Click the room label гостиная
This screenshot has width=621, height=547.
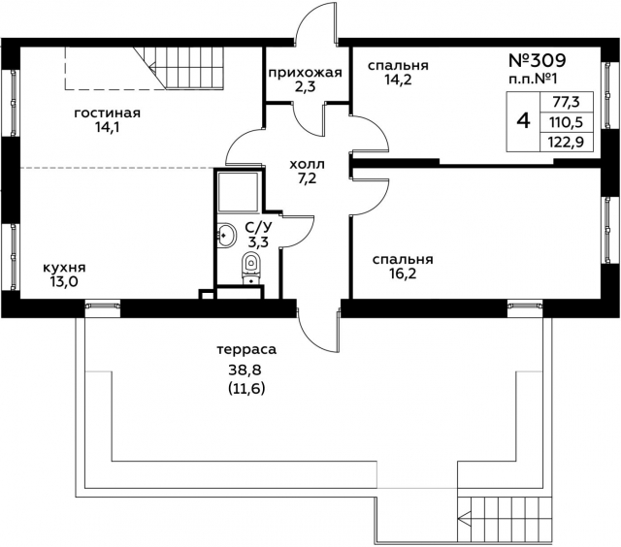108,113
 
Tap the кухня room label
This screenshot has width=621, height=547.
63,269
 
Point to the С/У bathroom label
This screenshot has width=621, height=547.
257,228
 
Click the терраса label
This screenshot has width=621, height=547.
246,348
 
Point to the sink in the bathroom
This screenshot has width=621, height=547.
226,234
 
